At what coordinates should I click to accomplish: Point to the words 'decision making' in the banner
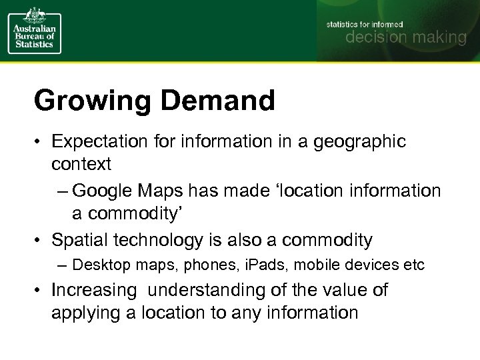(405, 37)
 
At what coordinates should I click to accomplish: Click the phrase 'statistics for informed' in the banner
(365, 24)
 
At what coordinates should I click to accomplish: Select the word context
(81, 163)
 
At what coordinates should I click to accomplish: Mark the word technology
(146, 239)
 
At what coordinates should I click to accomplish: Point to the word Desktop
(100, 265)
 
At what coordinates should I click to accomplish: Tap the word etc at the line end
(413, 265)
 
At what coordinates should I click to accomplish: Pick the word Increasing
(94, 291)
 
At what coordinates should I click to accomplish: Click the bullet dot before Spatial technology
(39, 240)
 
